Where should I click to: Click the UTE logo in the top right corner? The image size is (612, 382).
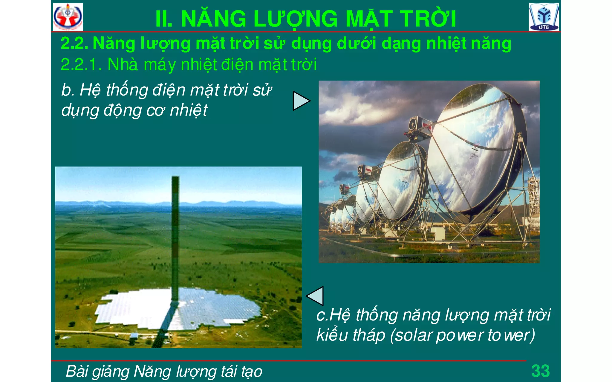coord(544,17)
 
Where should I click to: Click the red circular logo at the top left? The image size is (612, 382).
coord(68,17)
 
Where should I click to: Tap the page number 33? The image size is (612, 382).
coord(540,371)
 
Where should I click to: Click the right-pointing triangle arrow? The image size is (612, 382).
coord(300,101)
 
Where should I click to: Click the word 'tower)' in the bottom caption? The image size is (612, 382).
coord(511,335)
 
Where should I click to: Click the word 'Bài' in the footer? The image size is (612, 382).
coord(77,371)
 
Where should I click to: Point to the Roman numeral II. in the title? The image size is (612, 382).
coord(164,19)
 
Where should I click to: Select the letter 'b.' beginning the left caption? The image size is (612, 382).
coord(68,90)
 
